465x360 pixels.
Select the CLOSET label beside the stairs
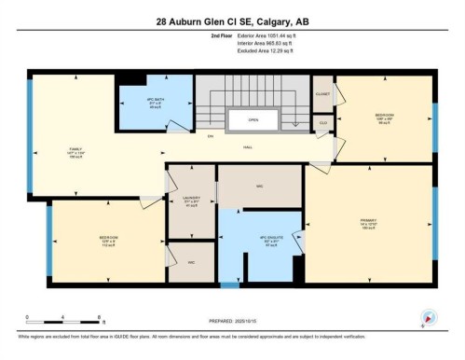pyautogui.click(x=322, y=93)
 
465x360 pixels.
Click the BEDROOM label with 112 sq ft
pyautogui.click(x=108, y=240)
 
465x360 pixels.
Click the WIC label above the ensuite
pyautogui.click(x=262, y=186)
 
